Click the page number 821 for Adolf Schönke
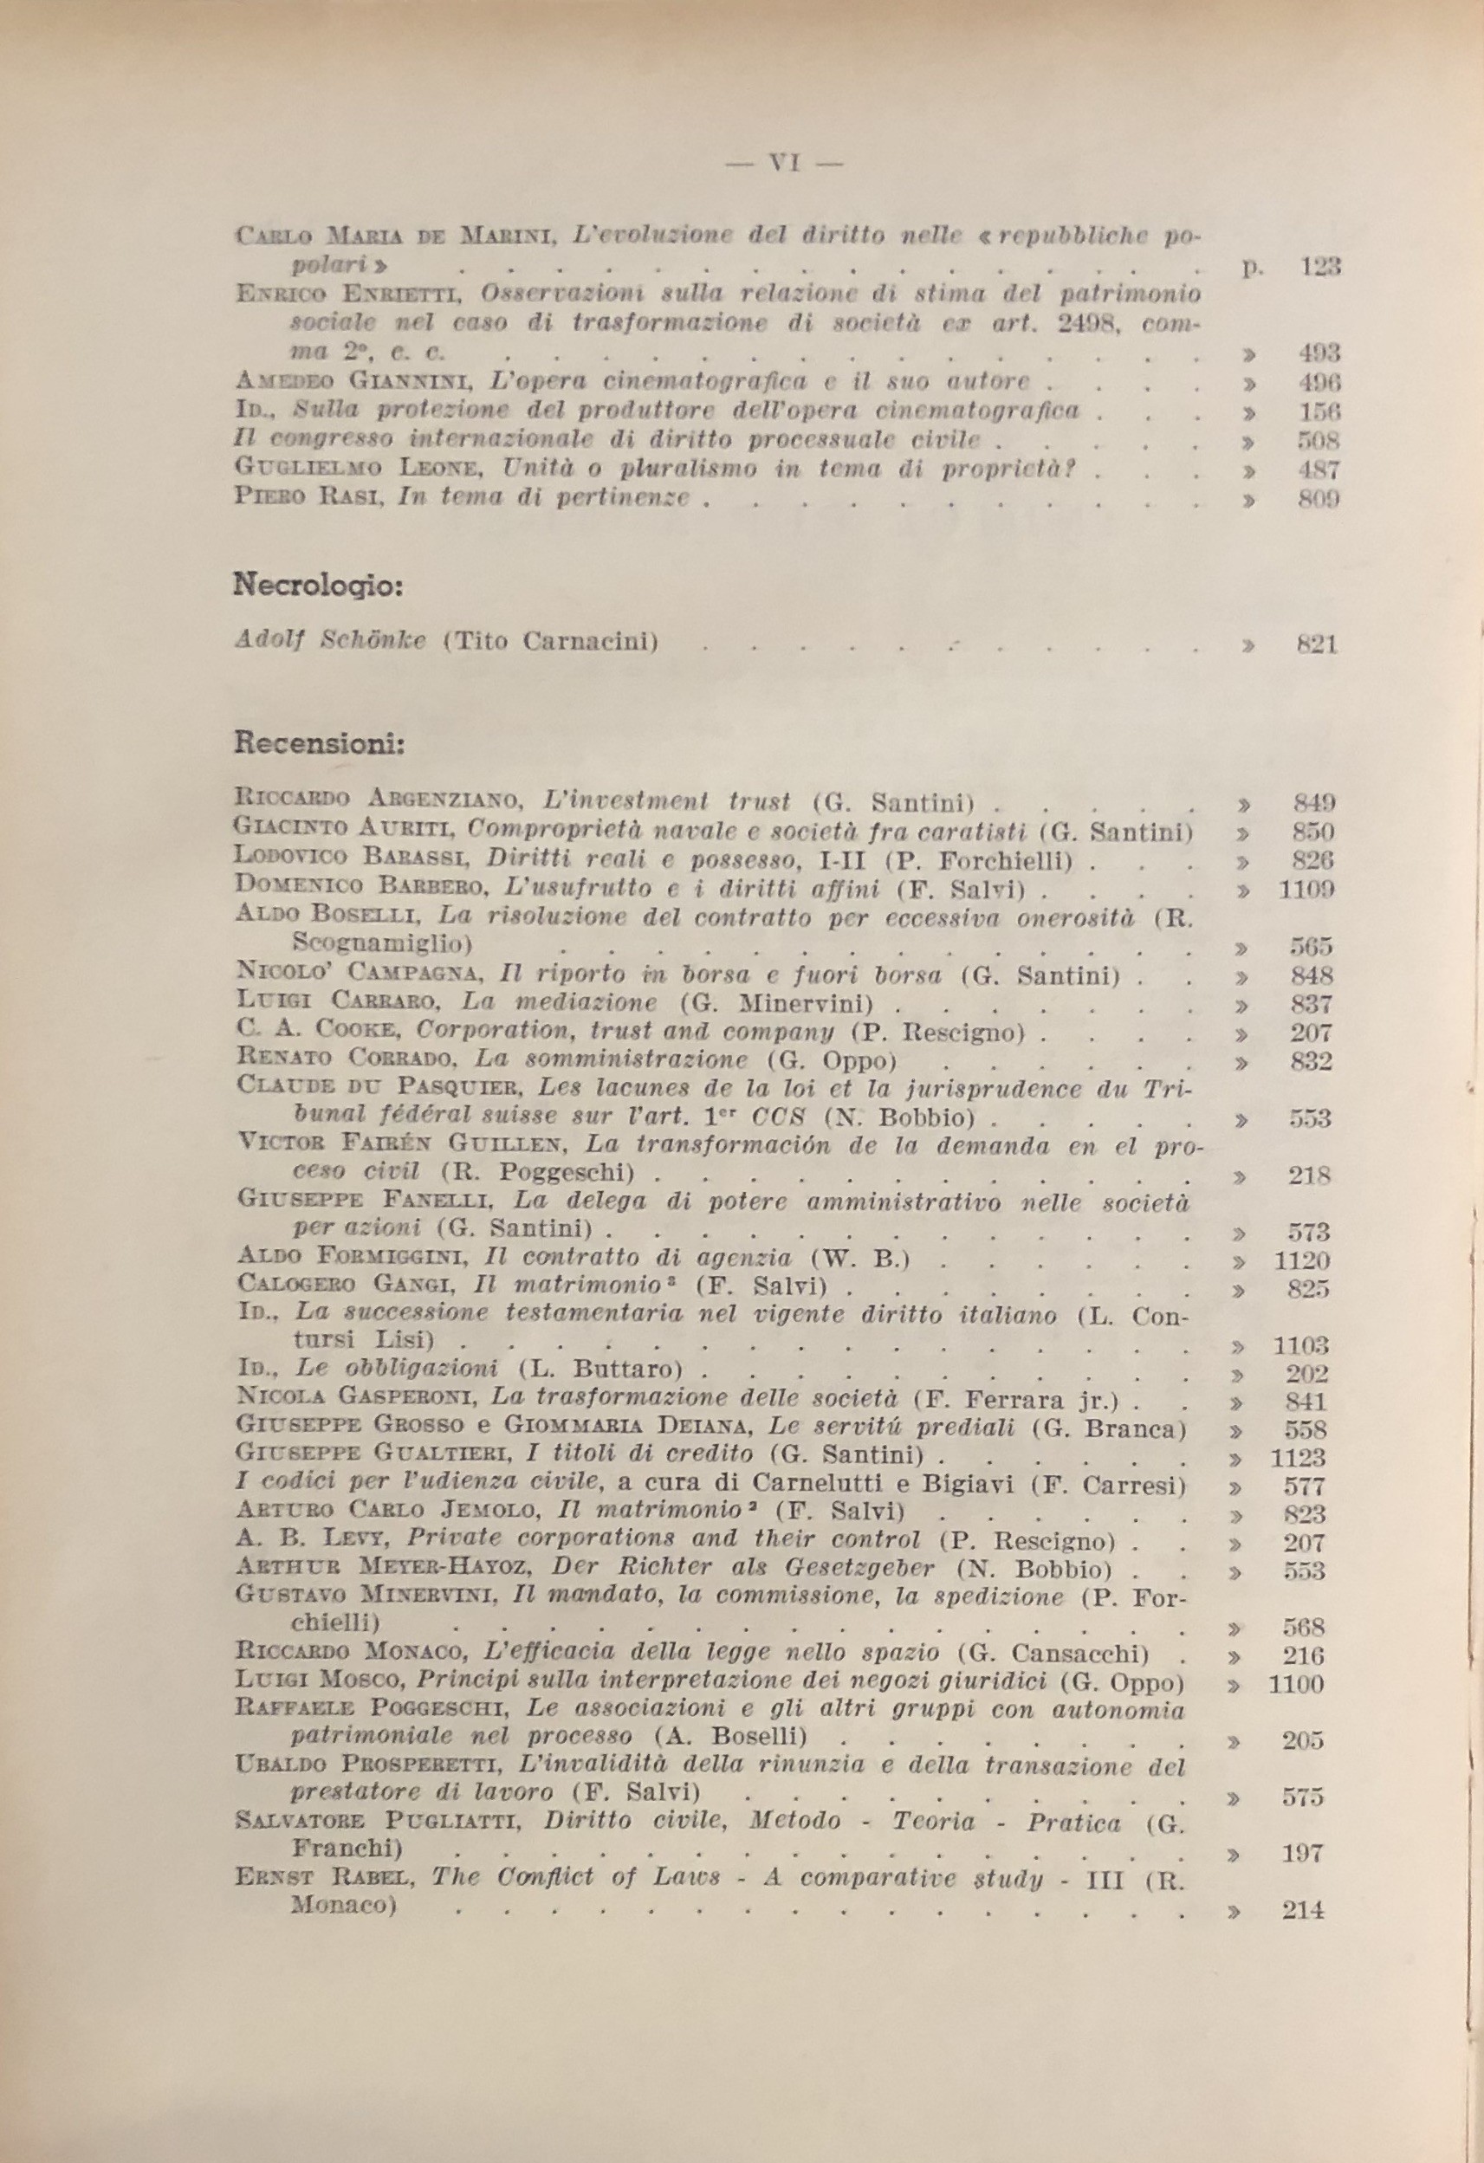click(1318, 644)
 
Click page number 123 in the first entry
click(1319, 267)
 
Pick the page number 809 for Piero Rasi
click(1319, 499)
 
